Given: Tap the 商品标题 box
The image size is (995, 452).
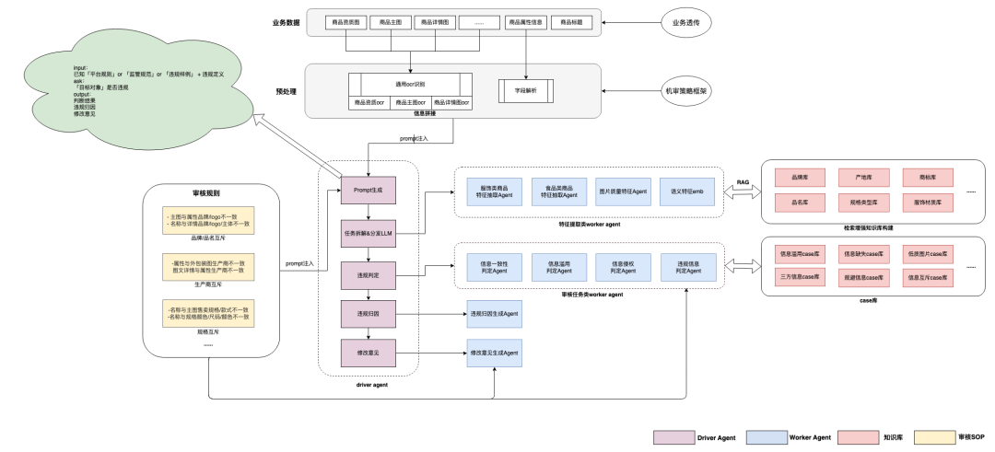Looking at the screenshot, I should tap(567, 21).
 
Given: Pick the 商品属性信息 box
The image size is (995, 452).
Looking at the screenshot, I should tap(525, 21).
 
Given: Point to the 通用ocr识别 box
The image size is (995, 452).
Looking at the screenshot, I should tap(410, 84).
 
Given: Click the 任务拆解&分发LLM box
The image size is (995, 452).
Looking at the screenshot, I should tap(369, 234).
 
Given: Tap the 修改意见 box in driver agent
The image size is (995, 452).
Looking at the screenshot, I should tap(369, 353).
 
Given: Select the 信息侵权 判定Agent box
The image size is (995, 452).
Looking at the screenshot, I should tap(617, 267).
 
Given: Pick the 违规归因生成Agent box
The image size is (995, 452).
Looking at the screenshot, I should tap(494, 315).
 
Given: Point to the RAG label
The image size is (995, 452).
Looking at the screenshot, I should tap(743, 182).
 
